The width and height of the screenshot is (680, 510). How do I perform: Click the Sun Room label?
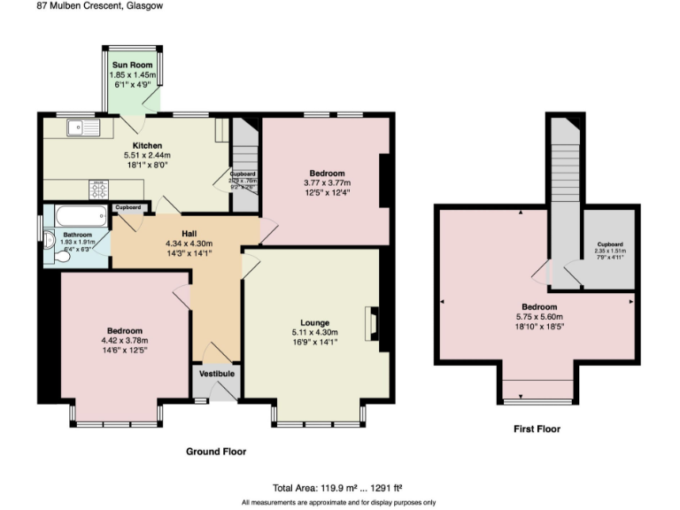(x=132, y=66)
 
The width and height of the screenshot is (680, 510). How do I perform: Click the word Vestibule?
(x=216, y=375)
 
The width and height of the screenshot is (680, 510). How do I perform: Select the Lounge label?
(x=314, y=322)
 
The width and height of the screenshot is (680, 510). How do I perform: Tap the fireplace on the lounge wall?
(x=375, y=323)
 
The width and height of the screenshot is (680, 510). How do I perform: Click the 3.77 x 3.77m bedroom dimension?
(x=326, y=183)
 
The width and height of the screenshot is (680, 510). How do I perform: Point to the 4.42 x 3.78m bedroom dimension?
(x=125, y=340)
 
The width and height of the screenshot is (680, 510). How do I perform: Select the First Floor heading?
(x=537, y=429)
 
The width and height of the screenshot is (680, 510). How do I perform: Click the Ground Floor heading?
(x=215, y=452)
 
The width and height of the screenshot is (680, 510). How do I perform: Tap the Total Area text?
(x=339, y=487)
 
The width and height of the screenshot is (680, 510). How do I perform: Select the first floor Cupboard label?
(x=609, y=244)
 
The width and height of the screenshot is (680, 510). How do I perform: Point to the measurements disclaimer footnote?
(x=339, y=502)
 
